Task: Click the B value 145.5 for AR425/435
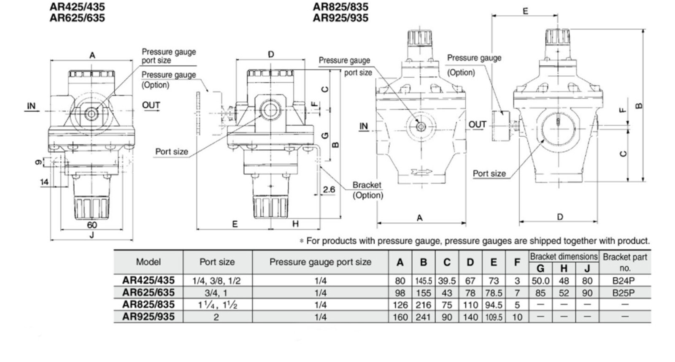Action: pyautogui.click(x=424, y=281)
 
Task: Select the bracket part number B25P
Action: pyautogui.click(x=624, y=293)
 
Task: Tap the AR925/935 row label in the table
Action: pyautogui.click(x=148, y=317)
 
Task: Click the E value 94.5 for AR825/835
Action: pyautogui.click(x=494, y=305)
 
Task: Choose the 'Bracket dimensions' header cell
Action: pyautogui.click(x=564, y=257)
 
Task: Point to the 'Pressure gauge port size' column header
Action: pyautogui.click(x=320, y=262)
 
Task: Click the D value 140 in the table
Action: pyautogui.click(x=470, y=317)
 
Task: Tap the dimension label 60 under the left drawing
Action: pyautogui.click(x=92, y=225)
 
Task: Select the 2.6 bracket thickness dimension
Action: pyautogui.click(x=329, y=189)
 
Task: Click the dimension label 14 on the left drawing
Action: pyautogui.click(x=44, y=182)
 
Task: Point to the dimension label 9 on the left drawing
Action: pyautogui.click(x=38, y=162)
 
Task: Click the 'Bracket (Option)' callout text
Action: pyautogui.click(x=367, y=190)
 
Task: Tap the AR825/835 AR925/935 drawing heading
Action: pyautogui.click(x=340, y=12)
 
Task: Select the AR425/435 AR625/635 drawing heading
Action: pyautogui.click(x=77, y=12)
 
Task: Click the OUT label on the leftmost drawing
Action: pyautogui.click(x=151, y=105)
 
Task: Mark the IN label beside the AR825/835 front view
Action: pyautogui.click(x=364, y=126)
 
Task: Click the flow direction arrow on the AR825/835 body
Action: pyautogui.click(x=421, y=172)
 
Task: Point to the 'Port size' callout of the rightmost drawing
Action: pyautogui.click(x=489, y=173)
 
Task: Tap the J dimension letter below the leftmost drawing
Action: pyautogui.click(x=92, y=235)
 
